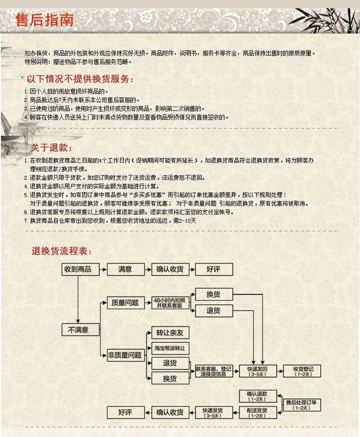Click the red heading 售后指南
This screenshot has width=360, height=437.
[44, 20]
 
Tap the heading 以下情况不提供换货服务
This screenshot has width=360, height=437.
[80, 79]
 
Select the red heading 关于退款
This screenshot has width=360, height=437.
[51, 148]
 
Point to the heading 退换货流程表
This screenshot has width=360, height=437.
[62, 251]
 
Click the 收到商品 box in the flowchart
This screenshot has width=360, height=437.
[80, 269]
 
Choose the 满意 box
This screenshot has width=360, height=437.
[125, 269]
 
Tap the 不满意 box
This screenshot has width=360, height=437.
[80, 330]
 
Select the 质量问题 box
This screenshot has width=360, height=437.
[125, 303]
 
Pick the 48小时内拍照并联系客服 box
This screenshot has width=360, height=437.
[170, 303]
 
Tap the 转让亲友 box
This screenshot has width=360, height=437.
[170, 333]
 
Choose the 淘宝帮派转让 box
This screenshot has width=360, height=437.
[170, 348]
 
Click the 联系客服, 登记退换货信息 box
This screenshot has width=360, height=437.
[214, 371]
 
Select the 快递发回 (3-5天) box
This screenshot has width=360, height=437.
[257, 371]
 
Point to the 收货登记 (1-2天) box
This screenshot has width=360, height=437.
[303, 371]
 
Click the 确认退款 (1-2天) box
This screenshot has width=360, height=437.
[257, 396]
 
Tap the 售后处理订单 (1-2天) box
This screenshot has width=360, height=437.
[303, 405]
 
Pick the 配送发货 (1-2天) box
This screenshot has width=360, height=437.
[257, 412]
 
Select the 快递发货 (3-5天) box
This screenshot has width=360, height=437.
[214, 412]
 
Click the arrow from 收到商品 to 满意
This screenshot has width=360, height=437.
[103, 269]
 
